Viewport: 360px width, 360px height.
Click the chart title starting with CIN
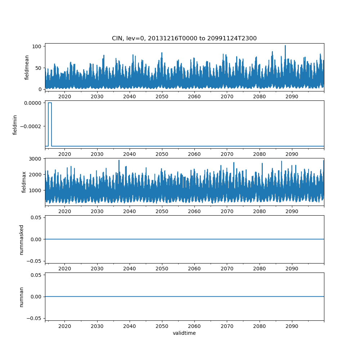(184, 39)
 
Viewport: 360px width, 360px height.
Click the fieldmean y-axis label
(27, 68)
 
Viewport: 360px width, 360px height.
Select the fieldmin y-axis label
(15, 125)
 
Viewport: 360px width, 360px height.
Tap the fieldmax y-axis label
(24, 182)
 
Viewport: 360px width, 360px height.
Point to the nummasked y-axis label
(21, 240)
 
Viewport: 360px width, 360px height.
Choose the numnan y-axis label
(21, 297)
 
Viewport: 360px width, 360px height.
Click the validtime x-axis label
(184, 333)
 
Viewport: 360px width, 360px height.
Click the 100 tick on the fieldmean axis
(37, 46)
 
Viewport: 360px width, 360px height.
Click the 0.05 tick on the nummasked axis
(36, 217)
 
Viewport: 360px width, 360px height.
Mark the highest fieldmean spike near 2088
(285, 46)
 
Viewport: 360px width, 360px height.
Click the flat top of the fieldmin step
(50, 103)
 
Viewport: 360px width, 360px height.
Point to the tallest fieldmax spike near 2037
(119, 161)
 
